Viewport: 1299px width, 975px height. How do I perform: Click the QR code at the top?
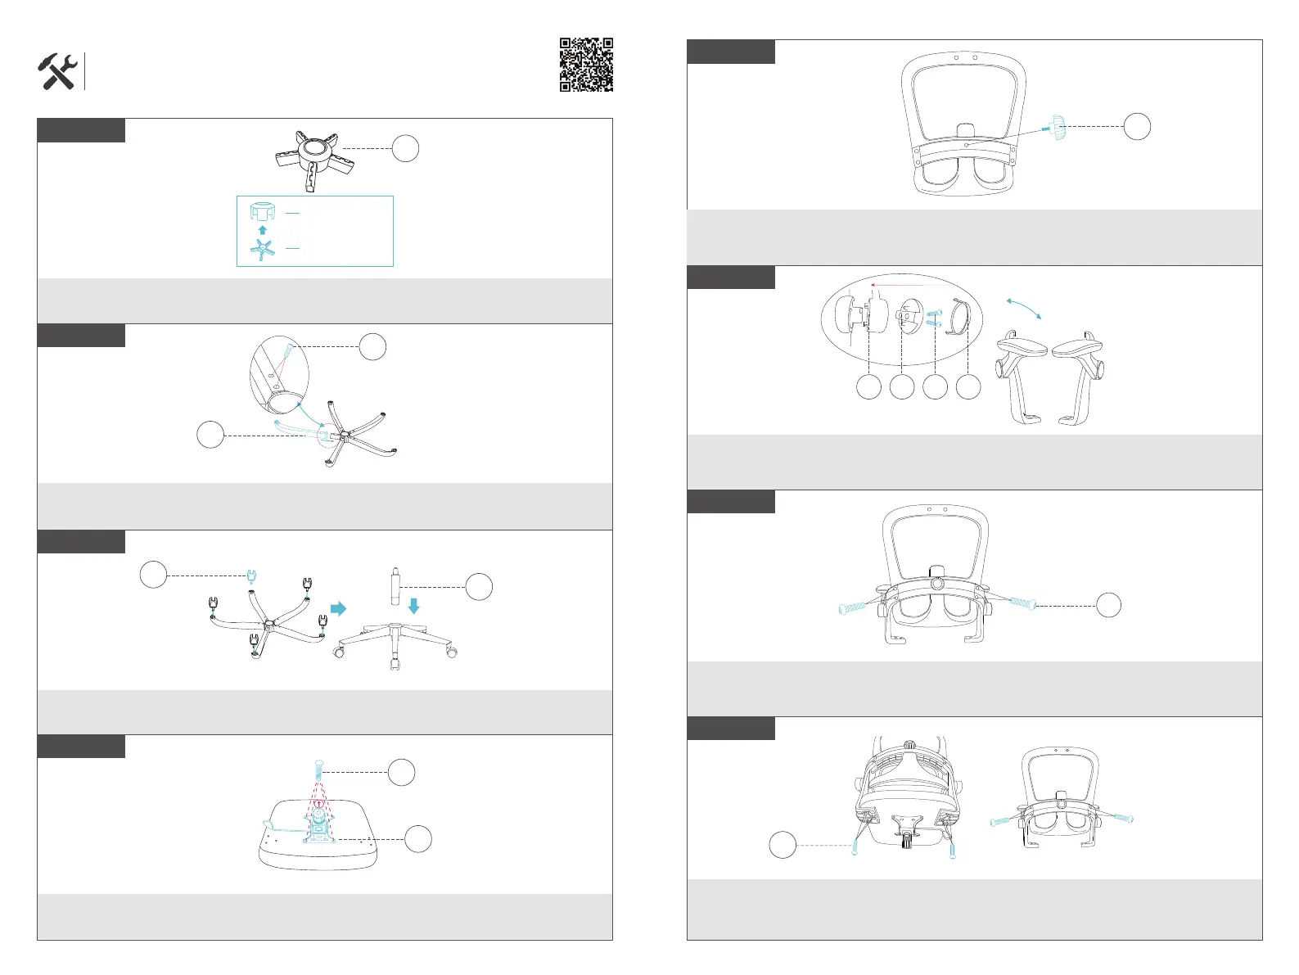point(586,65)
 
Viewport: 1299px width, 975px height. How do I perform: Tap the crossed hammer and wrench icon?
point(58,72)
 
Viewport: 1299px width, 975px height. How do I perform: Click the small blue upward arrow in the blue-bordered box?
point(263,230)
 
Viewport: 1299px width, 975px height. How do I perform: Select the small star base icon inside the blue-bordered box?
point(263,250)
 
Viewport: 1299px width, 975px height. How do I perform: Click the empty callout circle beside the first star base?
point(405,148)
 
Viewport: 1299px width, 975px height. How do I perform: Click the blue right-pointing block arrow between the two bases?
point(338,608)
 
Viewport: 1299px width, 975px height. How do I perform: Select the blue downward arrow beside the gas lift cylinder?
point(413,606)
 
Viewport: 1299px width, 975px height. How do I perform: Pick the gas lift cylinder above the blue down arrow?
point(393,582)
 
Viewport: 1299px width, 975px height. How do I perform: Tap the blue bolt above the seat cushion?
point(318,770)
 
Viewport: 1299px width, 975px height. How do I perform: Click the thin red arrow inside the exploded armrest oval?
point(909,285)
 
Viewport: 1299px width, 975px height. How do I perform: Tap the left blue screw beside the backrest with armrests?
point(854,607)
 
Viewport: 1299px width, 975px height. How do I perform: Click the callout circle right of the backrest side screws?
point(1108,605)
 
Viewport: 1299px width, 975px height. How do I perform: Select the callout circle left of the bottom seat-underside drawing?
point(783,845)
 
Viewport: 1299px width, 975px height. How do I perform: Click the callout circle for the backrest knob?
point(1136,126)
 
